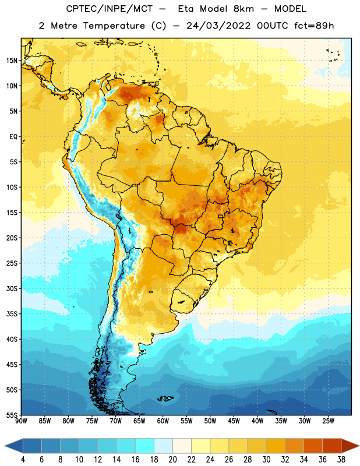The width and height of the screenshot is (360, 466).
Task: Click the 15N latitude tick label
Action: click(x=12, y=61)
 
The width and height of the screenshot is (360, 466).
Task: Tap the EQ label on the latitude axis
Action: click(x=13, y=137)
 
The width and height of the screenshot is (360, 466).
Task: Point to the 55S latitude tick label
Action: click(x=12, y=415)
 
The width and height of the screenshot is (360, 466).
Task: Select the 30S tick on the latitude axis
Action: click(x=12, y=288)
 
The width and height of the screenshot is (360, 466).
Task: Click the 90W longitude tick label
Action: click(x=21, y=421)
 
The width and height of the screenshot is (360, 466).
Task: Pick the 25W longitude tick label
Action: click(x=328, y=421)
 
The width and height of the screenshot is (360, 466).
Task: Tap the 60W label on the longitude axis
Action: click(x=163, y=421)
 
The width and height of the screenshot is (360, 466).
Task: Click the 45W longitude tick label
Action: click(x=234, y=421)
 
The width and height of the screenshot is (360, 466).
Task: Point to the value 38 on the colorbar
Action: click(x=341, y=460)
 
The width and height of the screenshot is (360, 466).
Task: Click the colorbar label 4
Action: click(x=23, y=460)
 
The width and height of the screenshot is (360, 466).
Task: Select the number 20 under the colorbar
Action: click(x=172, y=460)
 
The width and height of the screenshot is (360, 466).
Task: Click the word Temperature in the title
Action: click(x=114, y=26)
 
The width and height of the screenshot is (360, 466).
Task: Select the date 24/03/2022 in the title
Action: click(x=219, y=26)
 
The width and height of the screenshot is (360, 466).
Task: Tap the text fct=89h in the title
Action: click(x=314, y=26)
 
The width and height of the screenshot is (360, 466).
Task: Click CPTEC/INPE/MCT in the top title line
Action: click(x=109, y=9)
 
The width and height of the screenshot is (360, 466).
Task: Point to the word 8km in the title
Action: click(x=243, y=9)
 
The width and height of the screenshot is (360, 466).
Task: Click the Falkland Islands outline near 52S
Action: click(x=165, y=398)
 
